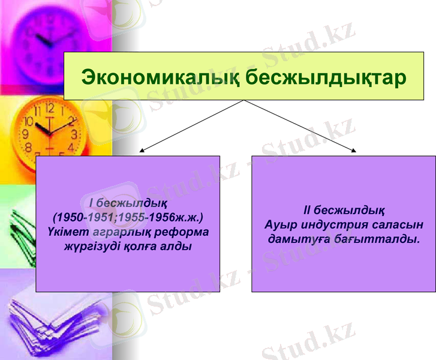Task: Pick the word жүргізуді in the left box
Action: (93, 247)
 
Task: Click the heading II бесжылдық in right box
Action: (344, 211)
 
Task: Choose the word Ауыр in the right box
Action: (280, 225)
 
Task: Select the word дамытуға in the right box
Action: (297, 239)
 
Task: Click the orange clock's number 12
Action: (49, 109)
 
